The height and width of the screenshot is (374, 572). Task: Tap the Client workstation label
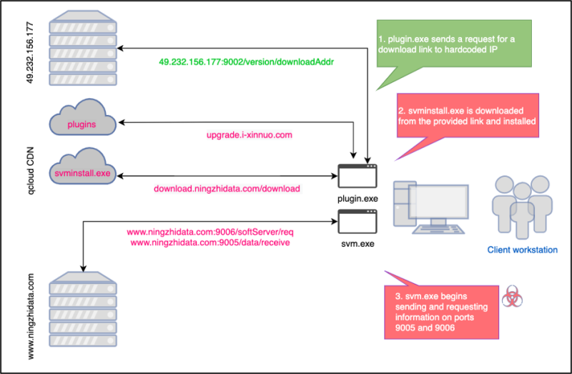pyautogui.click(x=522, y=250)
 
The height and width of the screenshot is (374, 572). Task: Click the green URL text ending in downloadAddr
pyautogui.click(x=247, y=62)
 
